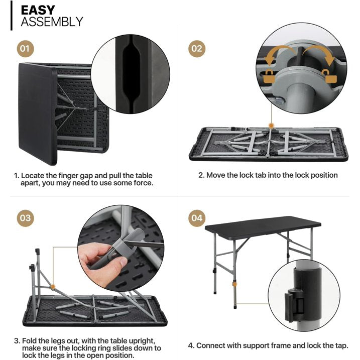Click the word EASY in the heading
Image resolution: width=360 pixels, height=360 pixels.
click(x=38, y=10)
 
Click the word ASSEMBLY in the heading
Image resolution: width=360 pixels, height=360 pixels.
click(x=52, y=22)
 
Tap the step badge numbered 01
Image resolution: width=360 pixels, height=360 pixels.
click(x=25, y=49)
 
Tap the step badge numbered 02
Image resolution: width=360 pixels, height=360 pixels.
click(x=197, y=49)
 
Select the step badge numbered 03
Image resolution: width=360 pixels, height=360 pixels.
click(x=25, y=218)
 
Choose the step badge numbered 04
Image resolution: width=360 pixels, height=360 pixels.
click(x=197, y=218)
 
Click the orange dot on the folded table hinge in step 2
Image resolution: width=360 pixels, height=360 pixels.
click(x=271, y=126)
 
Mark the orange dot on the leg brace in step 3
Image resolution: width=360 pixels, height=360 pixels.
click(x=53, y=287)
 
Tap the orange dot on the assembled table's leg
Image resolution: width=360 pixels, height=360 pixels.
click(x=234, y=284)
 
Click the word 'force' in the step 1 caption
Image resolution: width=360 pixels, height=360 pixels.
click(x=143, y=183)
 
